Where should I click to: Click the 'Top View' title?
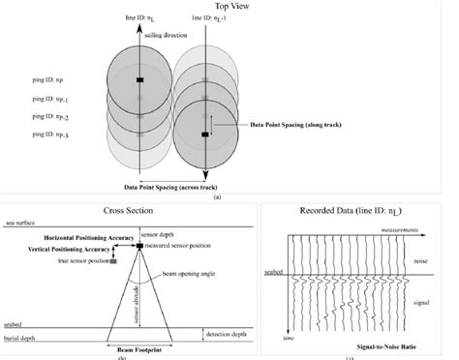229,6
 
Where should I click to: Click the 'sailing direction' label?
168,32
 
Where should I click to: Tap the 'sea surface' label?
21,222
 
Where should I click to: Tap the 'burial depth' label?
23,340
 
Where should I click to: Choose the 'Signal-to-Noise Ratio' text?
393,344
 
